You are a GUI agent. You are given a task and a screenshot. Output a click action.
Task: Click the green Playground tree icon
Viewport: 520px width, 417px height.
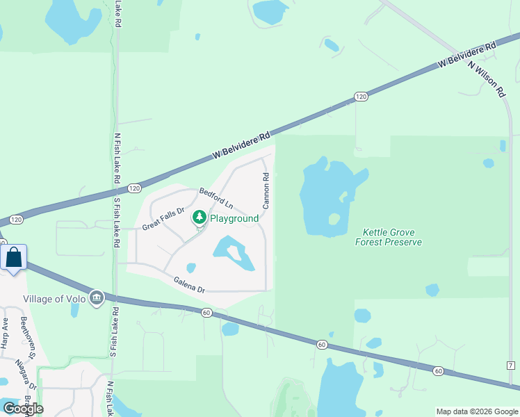(x=200, y=218)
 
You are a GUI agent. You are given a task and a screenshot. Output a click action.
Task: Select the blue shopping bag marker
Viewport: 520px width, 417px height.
(x=14, y=257)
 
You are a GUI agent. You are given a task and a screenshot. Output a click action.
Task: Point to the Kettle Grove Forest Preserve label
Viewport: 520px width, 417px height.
(x=389, y=237)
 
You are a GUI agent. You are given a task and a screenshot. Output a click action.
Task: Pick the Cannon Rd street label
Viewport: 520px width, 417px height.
(x=266, y=191)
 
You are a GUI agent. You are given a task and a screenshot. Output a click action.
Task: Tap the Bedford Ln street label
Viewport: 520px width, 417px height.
(x=216, y=198)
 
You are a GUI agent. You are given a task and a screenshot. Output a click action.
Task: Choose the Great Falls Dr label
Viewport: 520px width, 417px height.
(x=163, y=219)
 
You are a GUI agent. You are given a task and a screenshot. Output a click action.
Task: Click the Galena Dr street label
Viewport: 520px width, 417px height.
(x=189, y=284)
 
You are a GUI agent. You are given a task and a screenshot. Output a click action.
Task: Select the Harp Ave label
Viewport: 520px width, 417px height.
(x=5, y=333)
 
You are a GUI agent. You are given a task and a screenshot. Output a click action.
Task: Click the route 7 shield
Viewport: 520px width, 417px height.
(x=510, y=366)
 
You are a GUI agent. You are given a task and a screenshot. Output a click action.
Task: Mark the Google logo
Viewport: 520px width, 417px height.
(x=23, y=409)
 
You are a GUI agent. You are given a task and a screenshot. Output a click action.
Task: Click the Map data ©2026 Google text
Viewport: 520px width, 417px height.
(x=476, y=411)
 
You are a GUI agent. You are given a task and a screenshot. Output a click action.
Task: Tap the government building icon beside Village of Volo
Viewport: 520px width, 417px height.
(x=97, y=298)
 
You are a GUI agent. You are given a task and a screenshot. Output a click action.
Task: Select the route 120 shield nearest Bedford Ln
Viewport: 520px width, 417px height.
(x=135, y=188)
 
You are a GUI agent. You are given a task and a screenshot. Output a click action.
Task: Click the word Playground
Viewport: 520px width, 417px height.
(x=234, y=218)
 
